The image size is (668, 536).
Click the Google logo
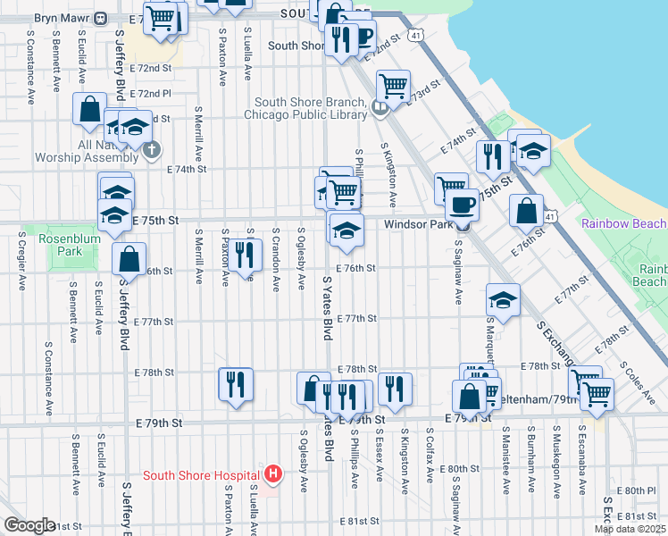(29, 525)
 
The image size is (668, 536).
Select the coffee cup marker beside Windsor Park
(462, 205)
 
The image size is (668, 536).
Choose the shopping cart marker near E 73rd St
(392, 87)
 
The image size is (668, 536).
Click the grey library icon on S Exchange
(380, 109)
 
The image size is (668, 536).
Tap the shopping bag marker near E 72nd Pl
(90, 109)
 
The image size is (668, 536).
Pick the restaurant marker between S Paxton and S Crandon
(244, 254)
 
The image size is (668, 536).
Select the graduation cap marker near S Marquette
(504, 300)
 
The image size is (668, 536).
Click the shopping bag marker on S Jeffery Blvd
(129, 259)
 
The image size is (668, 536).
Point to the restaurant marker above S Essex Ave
(394, 388)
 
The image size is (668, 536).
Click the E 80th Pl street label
(640, 490)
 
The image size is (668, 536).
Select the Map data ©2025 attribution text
(630, 529)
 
